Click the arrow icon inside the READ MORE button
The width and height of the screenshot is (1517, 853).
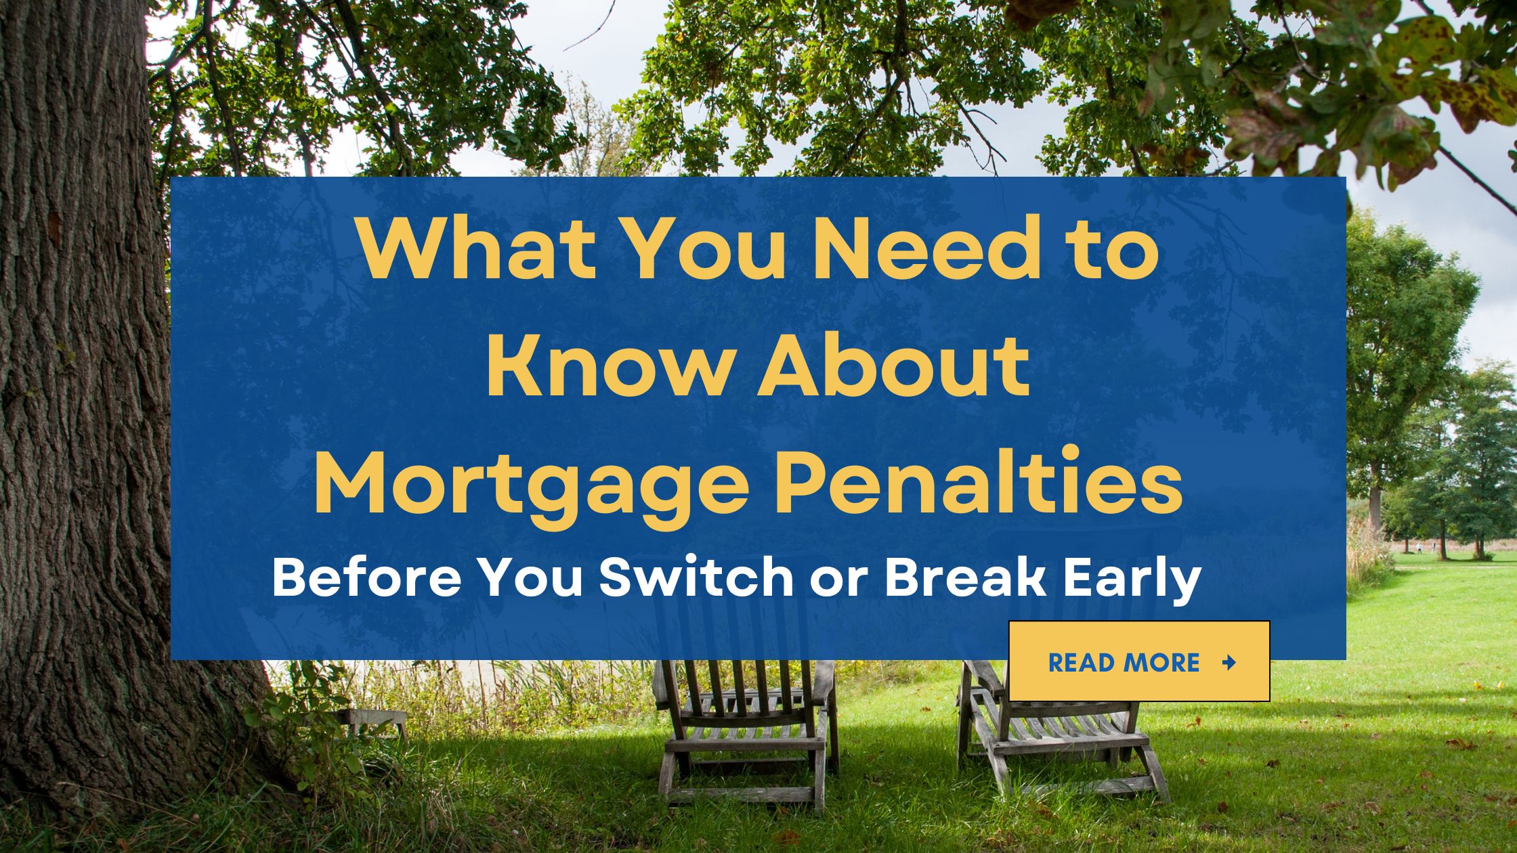[x=1228, y=662]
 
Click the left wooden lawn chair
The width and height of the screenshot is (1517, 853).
[x=745, y=731]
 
